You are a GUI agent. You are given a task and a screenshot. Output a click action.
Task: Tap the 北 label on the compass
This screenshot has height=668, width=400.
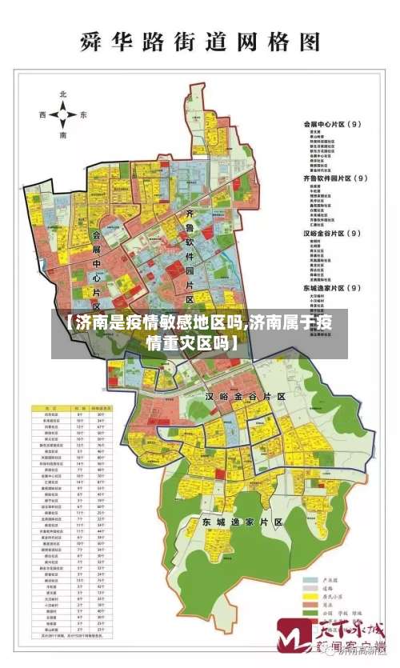[x=63, y=94]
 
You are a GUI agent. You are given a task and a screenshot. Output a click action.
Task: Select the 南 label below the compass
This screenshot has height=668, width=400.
[x=63, y=136]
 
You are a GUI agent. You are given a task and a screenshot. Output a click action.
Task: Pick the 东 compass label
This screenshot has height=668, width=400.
[x=83, y=115]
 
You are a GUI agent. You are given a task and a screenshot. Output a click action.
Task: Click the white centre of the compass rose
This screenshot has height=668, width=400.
[x=63, y=115]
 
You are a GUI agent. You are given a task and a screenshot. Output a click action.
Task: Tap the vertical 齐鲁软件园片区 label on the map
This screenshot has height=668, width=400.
[x=190, y=256]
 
